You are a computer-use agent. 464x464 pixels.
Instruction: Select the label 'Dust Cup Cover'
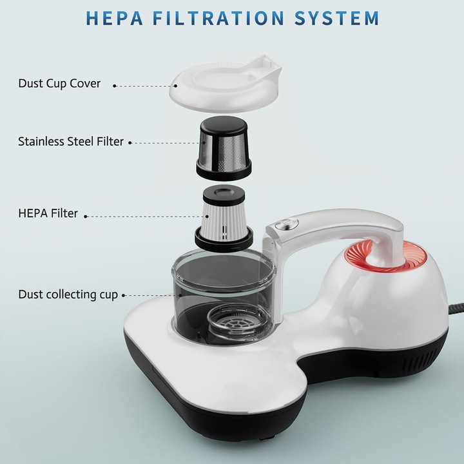click(x=59, y=83)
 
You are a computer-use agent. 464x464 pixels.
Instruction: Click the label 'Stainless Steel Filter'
click(x=71, y=141)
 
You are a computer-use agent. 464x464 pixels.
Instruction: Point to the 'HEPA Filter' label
click(x=48, y=213)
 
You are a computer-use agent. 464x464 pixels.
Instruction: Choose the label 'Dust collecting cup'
click(x=68, y=295)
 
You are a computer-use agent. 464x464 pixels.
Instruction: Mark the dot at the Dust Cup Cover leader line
click(x=115, y=85)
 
